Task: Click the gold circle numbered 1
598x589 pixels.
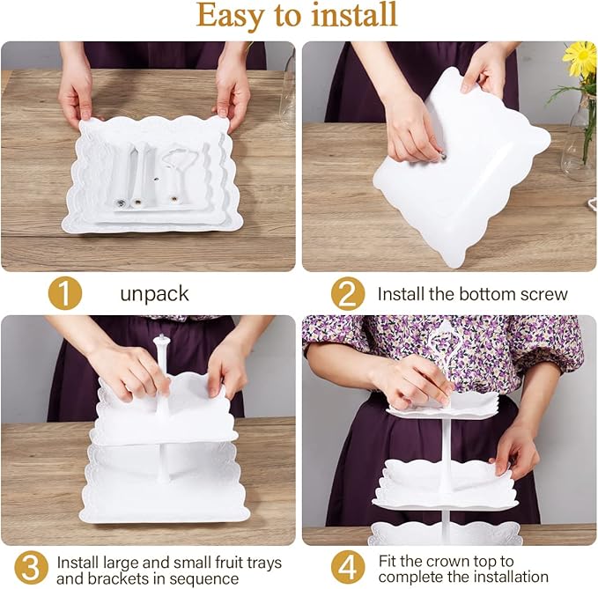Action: tap(65, 293)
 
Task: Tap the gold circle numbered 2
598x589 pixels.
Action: tap(347, 293)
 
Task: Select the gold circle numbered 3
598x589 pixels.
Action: tap(32, 568)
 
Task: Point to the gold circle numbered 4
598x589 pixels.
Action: tap(347, 568)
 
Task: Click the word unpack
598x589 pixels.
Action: tap(154, 294)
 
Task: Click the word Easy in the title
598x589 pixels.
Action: tap(230, 16)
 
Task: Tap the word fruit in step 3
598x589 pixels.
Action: tap(229, 563)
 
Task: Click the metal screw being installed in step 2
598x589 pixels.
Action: tap(442, 156)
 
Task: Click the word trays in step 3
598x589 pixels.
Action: tap(264, 563)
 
